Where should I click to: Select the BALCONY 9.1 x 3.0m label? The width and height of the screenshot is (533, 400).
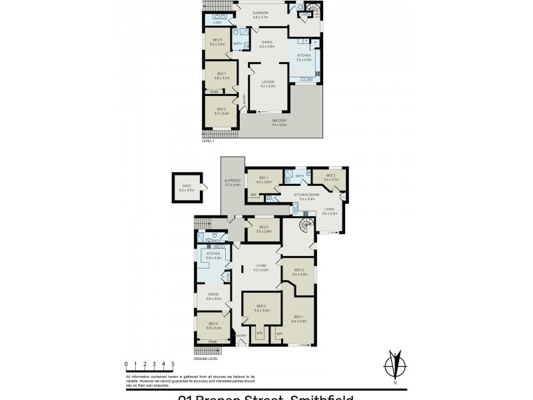(278, 121)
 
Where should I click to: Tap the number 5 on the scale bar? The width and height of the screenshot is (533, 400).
(173, 363)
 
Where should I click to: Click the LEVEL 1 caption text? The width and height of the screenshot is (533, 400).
(208, 141)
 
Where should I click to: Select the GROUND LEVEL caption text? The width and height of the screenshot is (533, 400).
(206, 357)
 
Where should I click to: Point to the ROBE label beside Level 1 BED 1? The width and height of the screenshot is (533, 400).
(215, 91)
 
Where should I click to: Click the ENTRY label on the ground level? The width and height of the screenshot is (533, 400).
(241, 335)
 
